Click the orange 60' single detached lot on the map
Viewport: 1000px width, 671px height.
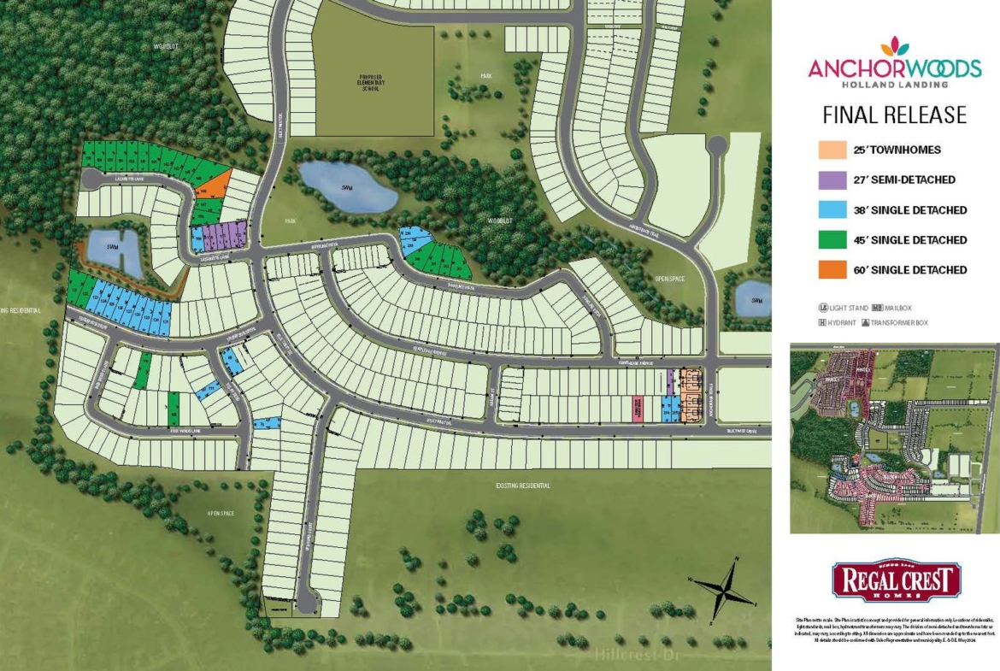coord(211,181)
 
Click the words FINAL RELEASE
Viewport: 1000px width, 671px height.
coord(894,115)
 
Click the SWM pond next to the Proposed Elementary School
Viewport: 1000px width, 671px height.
coord(348,186)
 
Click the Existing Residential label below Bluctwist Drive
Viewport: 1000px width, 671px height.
coord(523,486)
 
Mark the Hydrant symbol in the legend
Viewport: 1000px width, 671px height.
coord(824,322)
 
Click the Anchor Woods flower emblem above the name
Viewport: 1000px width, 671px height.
coord(895,46)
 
